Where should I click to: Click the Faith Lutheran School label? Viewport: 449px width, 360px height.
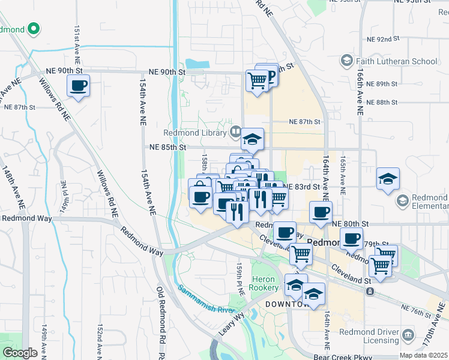pyautogui.click(x=397, y=61)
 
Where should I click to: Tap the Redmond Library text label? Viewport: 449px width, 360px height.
pyautogui.click(x=194, y=133)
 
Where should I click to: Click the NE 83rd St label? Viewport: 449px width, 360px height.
pyautogui.click(x=303, y=187)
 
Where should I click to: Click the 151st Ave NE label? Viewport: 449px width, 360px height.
pyautogui.click(x=77, y=46)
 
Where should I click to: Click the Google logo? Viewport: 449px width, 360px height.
pyautogui.click(x=20, y=353)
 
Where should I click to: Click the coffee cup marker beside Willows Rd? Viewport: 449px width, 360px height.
pyautogui.click(x=78, y=86)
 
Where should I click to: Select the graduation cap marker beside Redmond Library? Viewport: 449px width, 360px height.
pyautogui.click(x=253, y=140)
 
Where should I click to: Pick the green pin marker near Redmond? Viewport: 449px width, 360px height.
pyautogui.click(x=34, y=28)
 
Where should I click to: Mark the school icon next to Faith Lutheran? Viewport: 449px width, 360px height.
pyautogui.click(x=346, y=61)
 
